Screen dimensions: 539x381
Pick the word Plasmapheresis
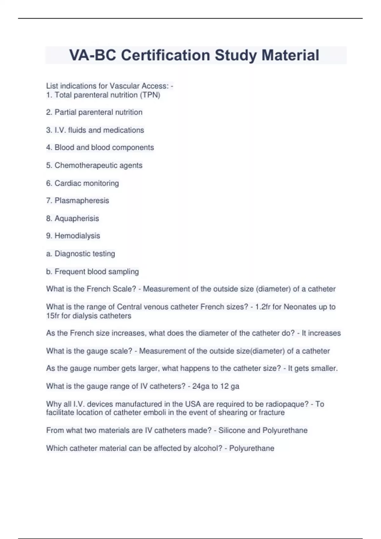click(82, 201)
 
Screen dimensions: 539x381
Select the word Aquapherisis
click(77, 218)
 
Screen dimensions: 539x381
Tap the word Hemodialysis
click(77, 236)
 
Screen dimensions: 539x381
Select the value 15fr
click(52, 316)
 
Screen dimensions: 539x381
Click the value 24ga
click(201, 386)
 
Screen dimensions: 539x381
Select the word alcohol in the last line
click(206, 448)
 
